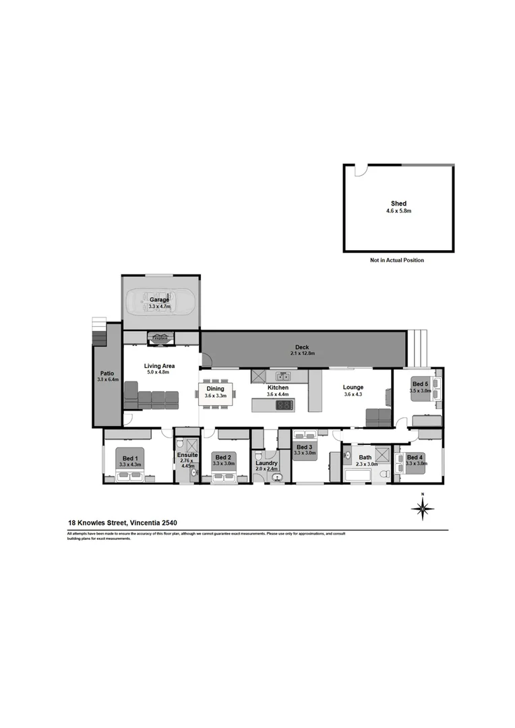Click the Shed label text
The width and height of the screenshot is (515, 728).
(x=398, y=203)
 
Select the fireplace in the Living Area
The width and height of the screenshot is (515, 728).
(x=160, y=338)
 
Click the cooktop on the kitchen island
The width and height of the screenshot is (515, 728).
(x=285, y=405)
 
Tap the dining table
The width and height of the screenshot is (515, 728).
(x=215, y=392)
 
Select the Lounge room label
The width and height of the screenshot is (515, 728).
(x=353, y=388)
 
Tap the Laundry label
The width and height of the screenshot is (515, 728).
(x=267, y=463)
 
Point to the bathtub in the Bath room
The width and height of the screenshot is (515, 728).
(x=357, y=476)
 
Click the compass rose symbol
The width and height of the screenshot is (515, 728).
(x=423, y=509)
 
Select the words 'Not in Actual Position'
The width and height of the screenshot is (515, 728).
(x=397, y=260)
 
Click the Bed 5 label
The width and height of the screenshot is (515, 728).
(x=420, y=384)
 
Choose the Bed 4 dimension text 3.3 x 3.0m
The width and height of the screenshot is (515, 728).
(x=417, y=464)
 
